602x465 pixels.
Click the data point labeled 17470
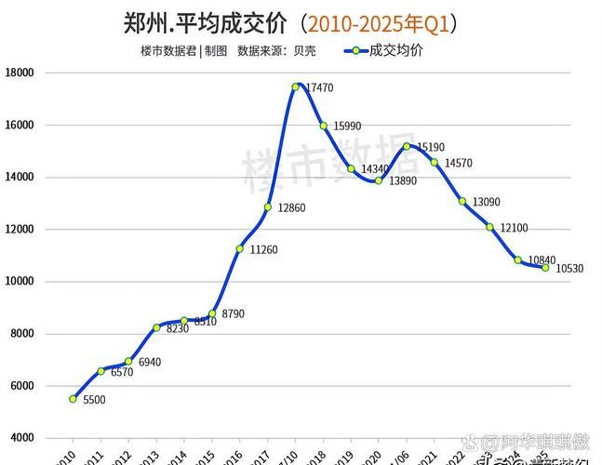(x=295, y=86)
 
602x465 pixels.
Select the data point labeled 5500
(x=73, y=399)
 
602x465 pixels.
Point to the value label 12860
(x=291, y=207)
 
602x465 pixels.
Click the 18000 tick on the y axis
(x=20, y=73)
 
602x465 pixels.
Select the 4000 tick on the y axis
(x=22, y=437)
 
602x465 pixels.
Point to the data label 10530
(x=569, y=269)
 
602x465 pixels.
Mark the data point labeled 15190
(x=407, y=146)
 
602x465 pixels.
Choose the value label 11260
(x=263, y=249)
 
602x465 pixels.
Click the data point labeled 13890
(x=379, y=180)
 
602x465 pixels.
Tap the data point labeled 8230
(x=156, y=327)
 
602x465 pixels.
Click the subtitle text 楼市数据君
(x=168, y=51)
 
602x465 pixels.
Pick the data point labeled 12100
(x=489, y=227)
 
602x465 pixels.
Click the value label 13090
(x=487, y=202)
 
